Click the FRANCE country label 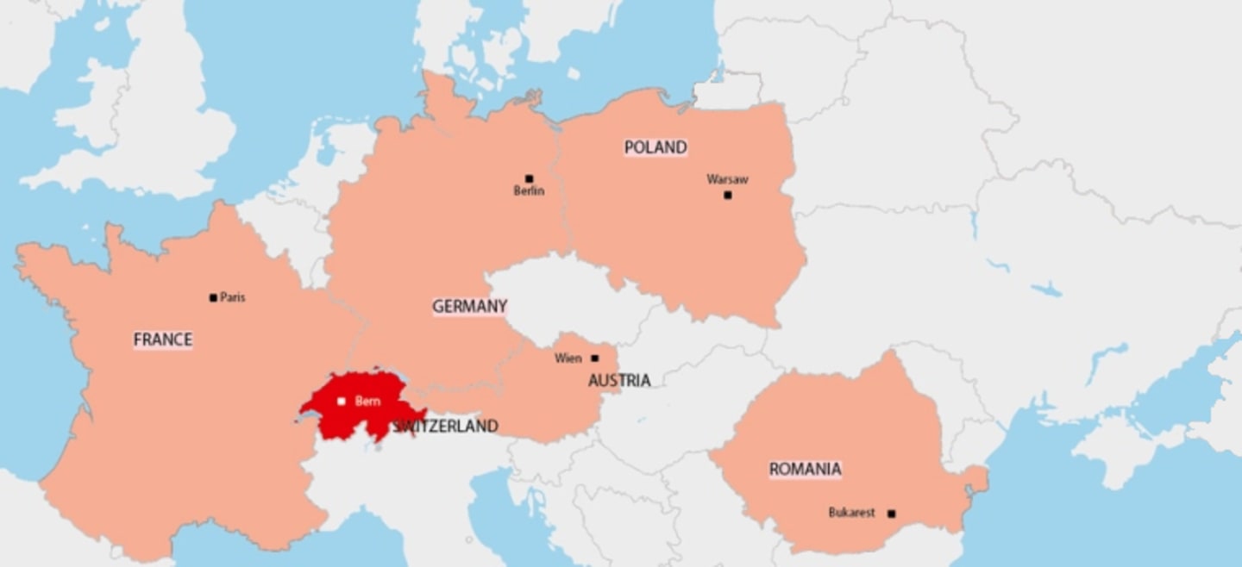(x=162, y=340)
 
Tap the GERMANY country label (x=469, y=306)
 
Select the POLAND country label (x=655, y=147)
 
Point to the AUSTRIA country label (x=619, y=380)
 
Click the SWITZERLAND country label (x=446, y=426)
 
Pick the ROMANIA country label (x=805, y=469)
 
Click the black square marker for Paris (x=213, y=298)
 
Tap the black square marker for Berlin (x=529, y=179)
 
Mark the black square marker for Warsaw (x=727, y=196)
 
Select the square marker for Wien (x=594, y=358)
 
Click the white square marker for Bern (x=342, y=402)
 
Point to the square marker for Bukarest (x=891, y=514)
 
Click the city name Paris (x=233, y=297)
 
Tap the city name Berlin (x=529, y=191)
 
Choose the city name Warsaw (x=727, y=179)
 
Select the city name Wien (x=568, y=358)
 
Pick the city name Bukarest (x=851, y=513)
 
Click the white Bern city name (x=367, y=402)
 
